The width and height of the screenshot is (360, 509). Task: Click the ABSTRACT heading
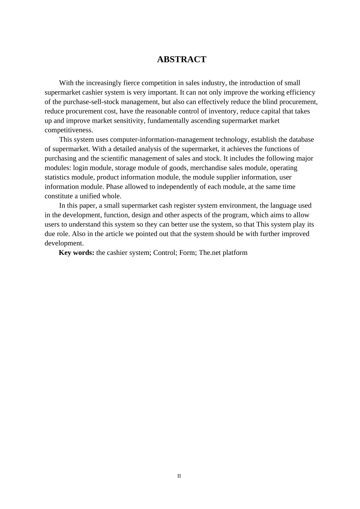coord(182,59)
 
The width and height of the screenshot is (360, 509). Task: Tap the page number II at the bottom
coord(179,476)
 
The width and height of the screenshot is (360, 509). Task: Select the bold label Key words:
coord(77,253)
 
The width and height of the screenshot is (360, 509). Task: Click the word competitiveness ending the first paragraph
coord(69,130)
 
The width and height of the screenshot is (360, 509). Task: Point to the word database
coord(301,139)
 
